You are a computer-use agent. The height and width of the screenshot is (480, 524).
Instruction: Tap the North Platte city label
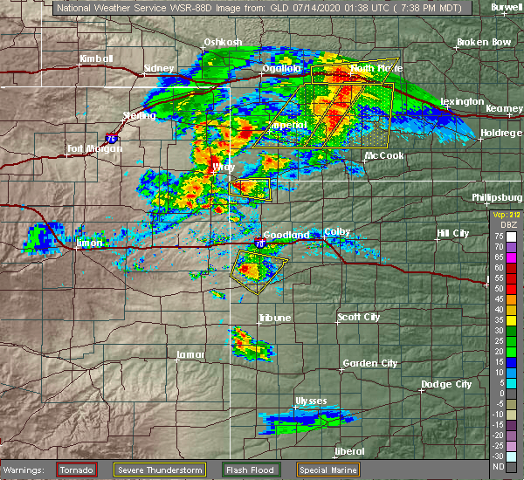click(373, 68)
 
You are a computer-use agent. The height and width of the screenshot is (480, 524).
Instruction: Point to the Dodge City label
click(446, 384)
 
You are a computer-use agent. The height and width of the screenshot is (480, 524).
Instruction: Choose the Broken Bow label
click(483, 42)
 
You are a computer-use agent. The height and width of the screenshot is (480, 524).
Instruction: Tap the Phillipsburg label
click(497, 197)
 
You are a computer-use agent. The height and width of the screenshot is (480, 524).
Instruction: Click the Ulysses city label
click(311, 401)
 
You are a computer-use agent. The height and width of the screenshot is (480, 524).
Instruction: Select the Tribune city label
click(274, 319)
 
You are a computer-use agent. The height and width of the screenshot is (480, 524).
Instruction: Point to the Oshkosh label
click(222, 41)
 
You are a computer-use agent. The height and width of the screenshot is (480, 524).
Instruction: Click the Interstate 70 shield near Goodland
click(260, 243)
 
